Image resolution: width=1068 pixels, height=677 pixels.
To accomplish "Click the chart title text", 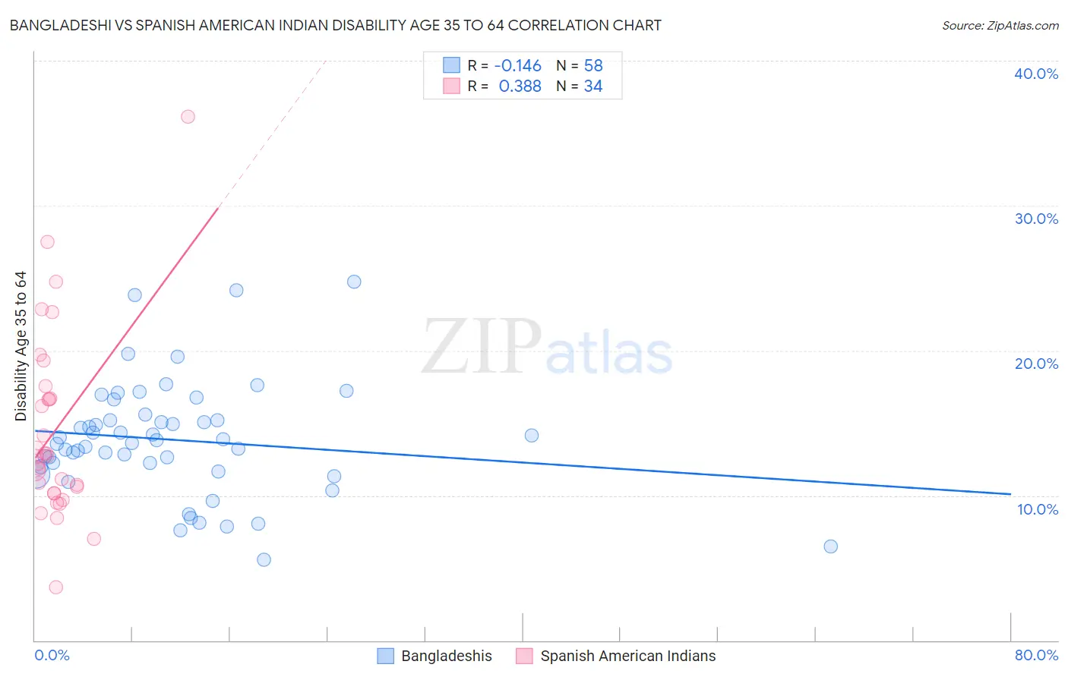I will click(x=335, y=25).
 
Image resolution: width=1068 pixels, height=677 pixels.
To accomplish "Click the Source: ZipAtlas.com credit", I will click(x=1000, y=25).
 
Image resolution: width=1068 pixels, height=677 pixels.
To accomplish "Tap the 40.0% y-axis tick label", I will click(x=1035, y=74).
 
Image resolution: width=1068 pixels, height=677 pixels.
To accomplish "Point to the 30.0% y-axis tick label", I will click(x=1035, y=219).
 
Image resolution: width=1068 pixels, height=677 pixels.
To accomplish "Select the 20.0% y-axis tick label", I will click(x=1035, y=364).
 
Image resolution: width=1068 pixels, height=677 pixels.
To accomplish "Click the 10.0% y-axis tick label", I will click(x=1037, y=509).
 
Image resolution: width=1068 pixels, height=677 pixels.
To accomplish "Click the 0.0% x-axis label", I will click(x=52, y=655).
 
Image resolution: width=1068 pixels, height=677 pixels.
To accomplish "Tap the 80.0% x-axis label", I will click(x=1035, y=655).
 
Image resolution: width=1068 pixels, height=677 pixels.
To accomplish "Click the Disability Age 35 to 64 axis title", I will click(x=21, y=346).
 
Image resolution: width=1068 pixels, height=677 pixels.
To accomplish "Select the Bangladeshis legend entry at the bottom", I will click(x=446, y=656).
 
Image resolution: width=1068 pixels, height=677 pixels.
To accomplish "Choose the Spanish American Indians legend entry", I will click(x=627, y=656).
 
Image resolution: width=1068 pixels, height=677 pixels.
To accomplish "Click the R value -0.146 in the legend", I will click(x=517, y=66).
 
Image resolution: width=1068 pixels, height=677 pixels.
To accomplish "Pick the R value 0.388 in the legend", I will click(x=520, y=87).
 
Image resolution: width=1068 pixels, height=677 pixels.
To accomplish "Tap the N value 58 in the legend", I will click(x=593, y=66).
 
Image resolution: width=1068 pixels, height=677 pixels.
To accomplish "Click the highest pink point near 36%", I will click(x=188, y=117).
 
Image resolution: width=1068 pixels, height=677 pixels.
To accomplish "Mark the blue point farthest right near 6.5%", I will click(x=830, y=546).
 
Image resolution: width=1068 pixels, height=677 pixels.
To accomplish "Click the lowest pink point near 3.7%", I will click(x=55, y=587).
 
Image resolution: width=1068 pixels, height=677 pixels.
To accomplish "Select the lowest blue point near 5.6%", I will click(x=264, y=560).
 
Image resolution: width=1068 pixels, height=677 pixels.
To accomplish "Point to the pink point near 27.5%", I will click(x=47, y=242).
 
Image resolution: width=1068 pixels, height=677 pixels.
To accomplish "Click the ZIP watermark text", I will click(x=482, y=346).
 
